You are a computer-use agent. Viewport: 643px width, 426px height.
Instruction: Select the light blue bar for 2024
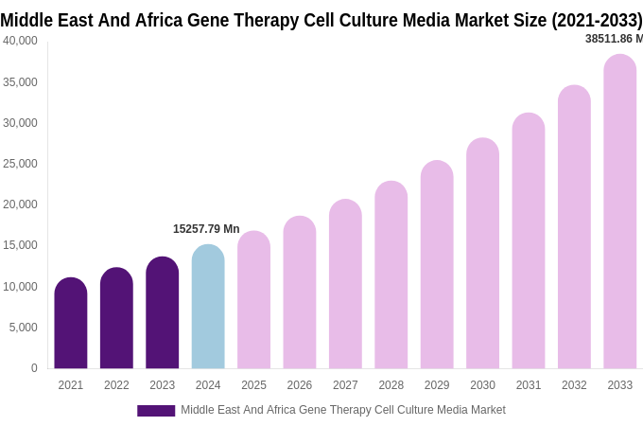(208, 307)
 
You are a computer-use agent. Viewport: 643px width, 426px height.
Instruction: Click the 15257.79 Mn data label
(206, 229)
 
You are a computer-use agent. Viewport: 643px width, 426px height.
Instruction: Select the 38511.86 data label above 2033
(614, 39)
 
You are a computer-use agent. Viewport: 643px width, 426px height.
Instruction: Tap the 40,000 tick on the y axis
(21, 41)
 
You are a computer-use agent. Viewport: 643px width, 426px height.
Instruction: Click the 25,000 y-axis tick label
(21, 164)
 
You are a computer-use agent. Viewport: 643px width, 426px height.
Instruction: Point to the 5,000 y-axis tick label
(24, 328)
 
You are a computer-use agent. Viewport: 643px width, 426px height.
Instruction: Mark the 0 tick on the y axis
(34, 368)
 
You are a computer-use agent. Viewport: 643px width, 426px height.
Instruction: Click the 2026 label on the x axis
(300, 385)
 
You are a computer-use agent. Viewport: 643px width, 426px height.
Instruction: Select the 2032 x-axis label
(574, 385)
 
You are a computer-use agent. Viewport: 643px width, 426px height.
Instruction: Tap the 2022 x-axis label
(116, 385)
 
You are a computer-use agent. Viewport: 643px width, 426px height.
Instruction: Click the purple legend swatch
(156, 411)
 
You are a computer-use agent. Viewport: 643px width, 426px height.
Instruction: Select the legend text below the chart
(342, 410)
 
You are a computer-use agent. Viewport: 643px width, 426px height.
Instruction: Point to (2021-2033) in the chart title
(597, 20)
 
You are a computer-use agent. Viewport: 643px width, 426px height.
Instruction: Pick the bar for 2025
(253, 300)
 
